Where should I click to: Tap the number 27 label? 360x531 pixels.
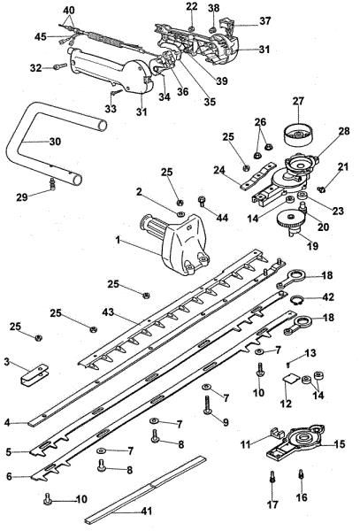(x=298, y=101)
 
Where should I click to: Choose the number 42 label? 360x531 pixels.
(x=329, y=297)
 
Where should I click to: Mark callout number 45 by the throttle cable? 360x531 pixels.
(x=41, y=36)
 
